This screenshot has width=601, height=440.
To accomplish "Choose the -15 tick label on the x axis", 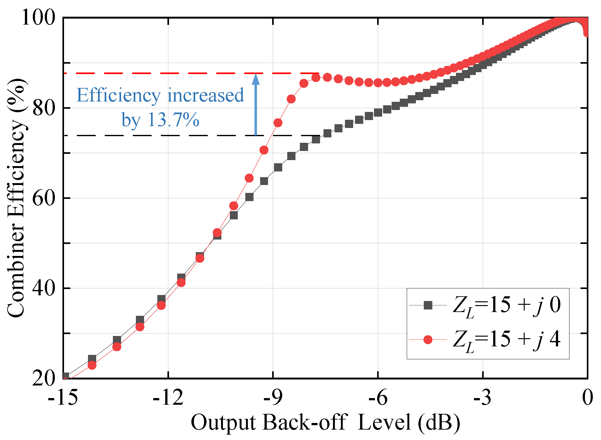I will (63, 398).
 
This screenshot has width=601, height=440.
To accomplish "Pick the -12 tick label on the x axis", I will (168, 398).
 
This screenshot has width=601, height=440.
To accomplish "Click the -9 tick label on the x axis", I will (273, 398).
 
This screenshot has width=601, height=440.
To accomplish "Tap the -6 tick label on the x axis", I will (378, 398).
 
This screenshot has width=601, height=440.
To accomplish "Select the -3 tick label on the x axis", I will (482, 398).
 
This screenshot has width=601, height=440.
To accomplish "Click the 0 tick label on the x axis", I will (587, 398).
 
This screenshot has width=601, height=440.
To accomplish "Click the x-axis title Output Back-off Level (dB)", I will (325, 422).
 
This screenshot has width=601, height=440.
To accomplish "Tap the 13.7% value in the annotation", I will (173, 120).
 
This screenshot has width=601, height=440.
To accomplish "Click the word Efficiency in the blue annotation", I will (119, 95).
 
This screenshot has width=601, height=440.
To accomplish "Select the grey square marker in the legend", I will (428, 305).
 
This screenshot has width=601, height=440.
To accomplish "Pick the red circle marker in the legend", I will (428, 339).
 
